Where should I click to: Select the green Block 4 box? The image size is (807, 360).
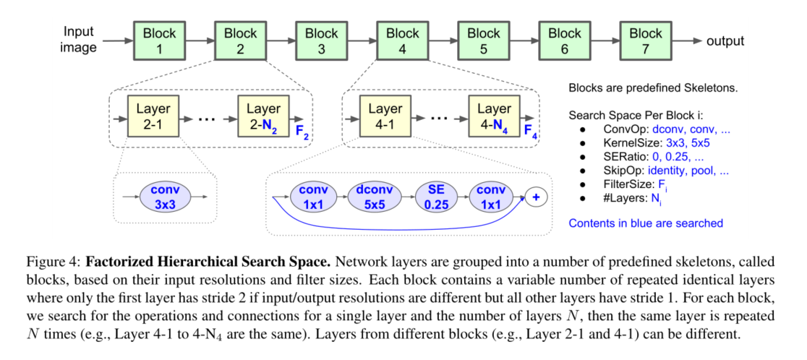coord(402,41)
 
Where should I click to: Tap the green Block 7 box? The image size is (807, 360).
coord(645,41)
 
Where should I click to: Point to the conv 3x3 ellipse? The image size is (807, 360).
coord(166,196)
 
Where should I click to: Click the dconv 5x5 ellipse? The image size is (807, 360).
coord(373,197)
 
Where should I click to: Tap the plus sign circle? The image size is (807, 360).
coord(536,197)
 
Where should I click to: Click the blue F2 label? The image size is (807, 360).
coord(303,133)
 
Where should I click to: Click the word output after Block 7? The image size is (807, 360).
coord(725,41)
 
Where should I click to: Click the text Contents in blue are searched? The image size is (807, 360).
coord(645,223)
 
